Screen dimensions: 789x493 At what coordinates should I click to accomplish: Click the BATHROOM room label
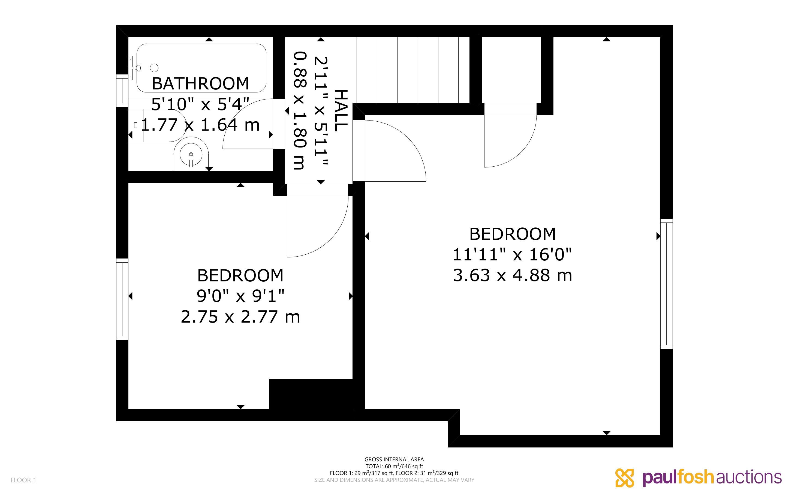tap(200, 83)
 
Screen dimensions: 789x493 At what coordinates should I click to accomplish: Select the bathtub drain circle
tap(154, 68)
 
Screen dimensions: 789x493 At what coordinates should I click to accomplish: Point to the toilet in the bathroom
tap(157, 125)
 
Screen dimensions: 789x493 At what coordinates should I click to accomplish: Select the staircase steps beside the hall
tap(413, 70)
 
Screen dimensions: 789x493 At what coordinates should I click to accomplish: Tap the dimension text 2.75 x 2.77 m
tap(240, 317)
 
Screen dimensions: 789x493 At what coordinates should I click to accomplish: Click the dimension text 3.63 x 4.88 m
tap(513, 275)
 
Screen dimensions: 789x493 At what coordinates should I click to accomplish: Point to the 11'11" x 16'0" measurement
tap(512, 255)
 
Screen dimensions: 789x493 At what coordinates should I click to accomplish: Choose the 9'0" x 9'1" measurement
tap(240, 296)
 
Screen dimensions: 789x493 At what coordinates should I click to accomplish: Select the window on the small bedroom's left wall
tap(122, 299)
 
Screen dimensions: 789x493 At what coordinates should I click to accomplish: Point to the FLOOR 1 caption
tap(23, 480)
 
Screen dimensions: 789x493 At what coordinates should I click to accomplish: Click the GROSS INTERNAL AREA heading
tap(394, 459)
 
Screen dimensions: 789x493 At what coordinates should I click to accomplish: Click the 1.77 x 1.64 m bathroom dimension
tap(200, 125)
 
